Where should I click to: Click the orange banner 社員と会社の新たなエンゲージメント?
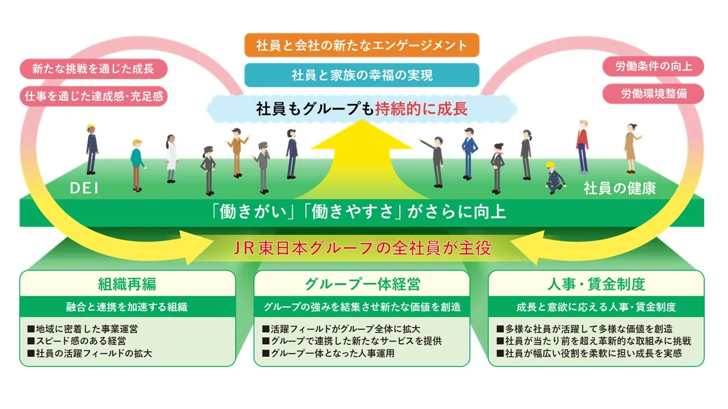(x=362, y=45)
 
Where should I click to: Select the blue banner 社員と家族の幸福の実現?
(x=362, y=74)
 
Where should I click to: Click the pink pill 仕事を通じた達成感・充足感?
(x=94, y=96)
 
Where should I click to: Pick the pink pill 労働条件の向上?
(x=653, y=66)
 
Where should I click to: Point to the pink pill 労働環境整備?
(x=653, y=94)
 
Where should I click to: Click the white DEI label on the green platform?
(x=84, y=188)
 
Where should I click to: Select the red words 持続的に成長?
(x=421, y=108)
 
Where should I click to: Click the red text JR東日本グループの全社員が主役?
(x=362, y=249)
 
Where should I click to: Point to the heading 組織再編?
(x=127, y=283)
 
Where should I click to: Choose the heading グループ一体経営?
(x=362, y=283)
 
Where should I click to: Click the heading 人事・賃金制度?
(x=596, y=283)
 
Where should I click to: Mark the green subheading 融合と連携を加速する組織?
(x=127, y=307)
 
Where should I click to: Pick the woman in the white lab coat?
(x=171, y=158)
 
